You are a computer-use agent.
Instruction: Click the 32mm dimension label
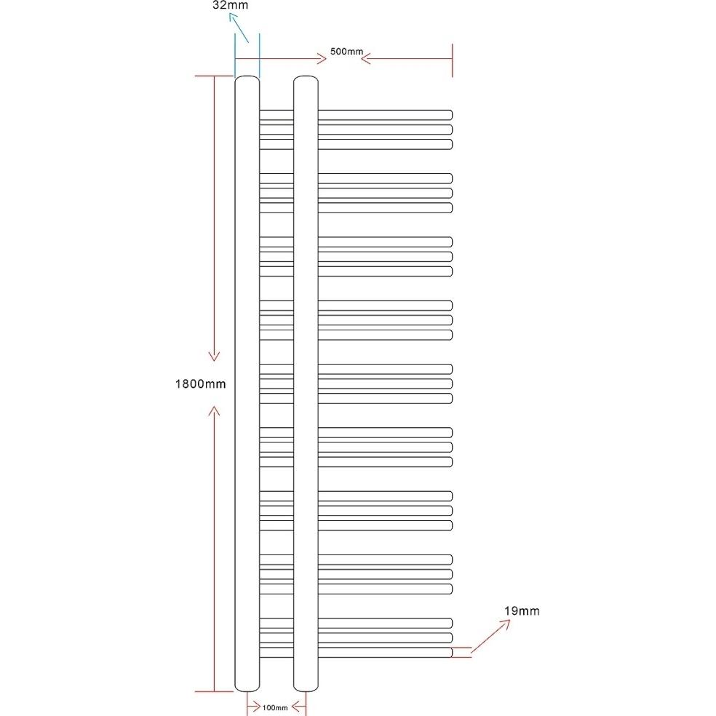230,6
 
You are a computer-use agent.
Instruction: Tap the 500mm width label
346,52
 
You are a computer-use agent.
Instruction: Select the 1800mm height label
200,384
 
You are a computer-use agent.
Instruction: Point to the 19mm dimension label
522,611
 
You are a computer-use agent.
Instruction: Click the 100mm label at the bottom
275,708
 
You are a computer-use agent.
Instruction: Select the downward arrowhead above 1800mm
214,356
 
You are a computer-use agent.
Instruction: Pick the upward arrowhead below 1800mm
214,410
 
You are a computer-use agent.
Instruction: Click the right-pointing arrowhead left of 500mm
322,58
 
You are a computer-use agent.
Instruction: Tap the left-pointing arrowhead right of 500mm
365,58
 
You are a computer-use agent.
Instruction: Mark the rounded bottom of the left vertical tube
247,688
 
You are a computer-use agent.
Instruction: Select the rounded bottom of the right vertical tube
306,688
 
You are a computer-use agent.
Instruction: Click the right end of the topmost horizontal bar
451,115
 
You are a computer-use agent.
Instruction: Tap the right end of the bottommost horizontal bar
451,653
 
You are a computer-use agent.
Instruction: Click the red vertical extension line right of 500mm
452,60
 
